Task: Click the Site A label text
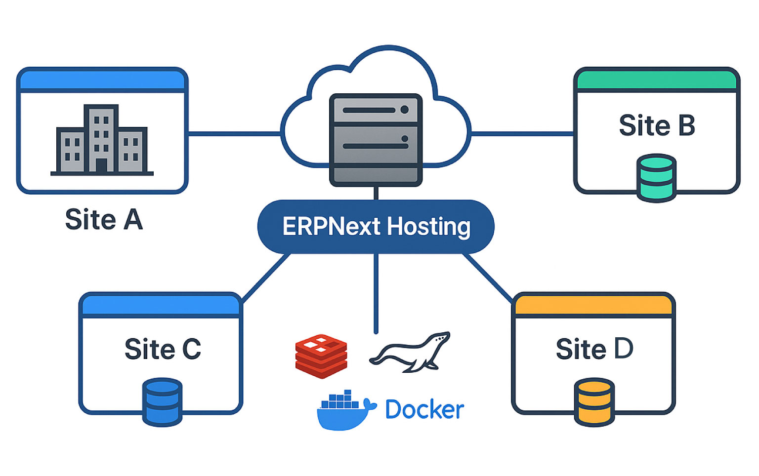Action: [104, 220]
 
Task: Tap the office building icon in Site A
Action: [102, 141]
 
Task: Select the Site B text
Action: [657, 125]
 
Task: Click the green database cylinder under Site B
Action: [656, 178]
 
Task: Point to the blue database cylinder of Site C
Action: [162, 401]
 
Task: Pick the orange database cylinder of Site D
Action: [594, 401]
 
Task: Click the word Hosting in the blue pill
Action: [428, 227]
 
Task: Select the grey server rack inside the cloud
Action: [376, 140]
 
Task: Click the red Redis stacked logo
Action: [321, 356]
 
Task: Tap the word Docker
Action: [424, 410]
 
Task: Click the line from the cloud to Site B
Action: [522, 133]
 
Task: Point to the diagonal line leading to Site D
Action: [487, 278]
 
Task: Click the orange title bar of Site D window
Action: [593, 305]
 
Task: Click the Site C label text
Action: [163, 349]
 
